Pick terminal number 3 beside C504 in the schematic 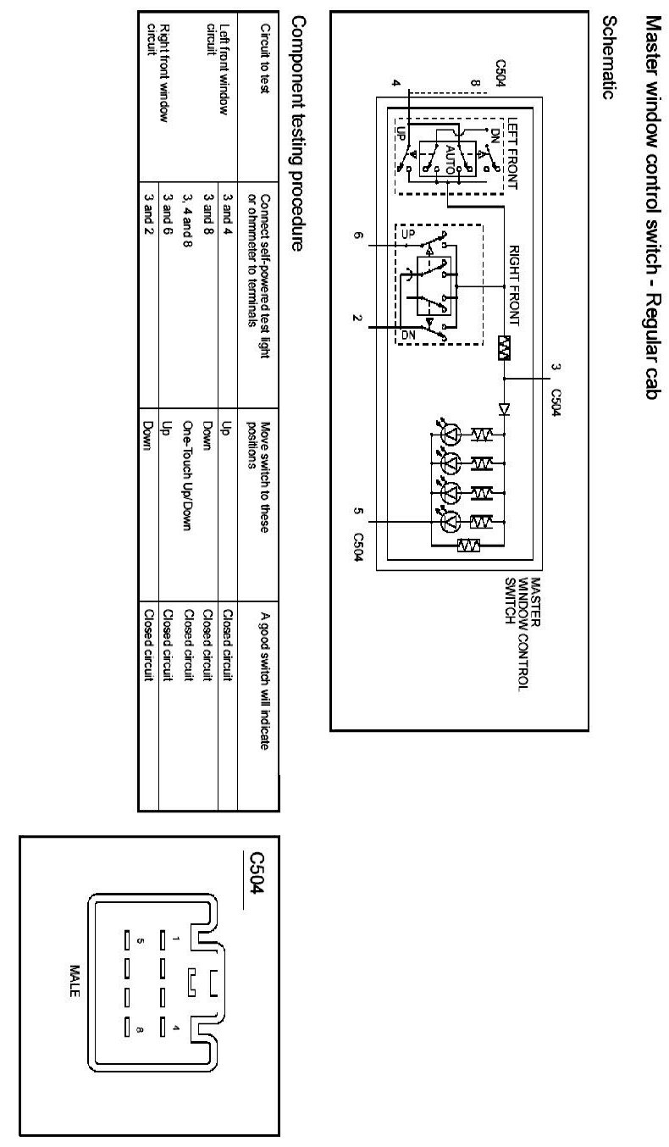point(556,367)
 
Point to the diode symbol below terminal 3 point(505,409)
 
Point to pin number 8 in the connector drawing point(139,1030)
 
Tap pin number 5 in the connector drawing point(139,940)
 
